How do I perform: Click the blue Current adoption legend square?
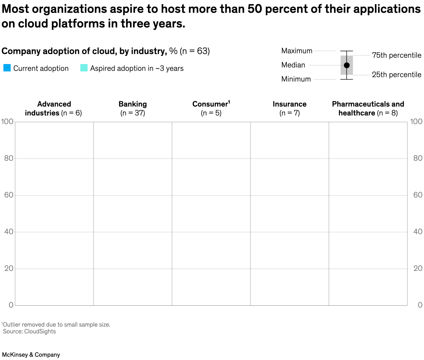coord(7,68)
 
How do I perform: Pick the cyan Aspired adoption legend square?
coord(84,68)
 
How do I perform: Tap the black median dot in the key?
coord(347,65)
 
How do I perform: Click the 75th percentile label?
coord(397,55)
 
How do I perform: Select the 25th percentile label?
coord(397,75)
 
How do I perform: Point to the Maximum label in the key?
coord(297,51)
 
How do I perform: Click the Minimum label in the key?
coord(296,79)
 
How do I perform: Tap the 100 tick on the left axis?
coord(8,122)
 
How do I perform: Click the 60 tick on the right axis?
coord(418,195)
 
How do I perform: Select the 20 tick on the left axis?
coord(9,268)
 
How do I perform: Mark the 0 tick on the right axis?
coord(420,305)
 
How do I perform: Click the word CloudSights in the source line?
coord(40,331)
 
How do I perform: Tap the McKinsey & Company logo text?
coord(31,354)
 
